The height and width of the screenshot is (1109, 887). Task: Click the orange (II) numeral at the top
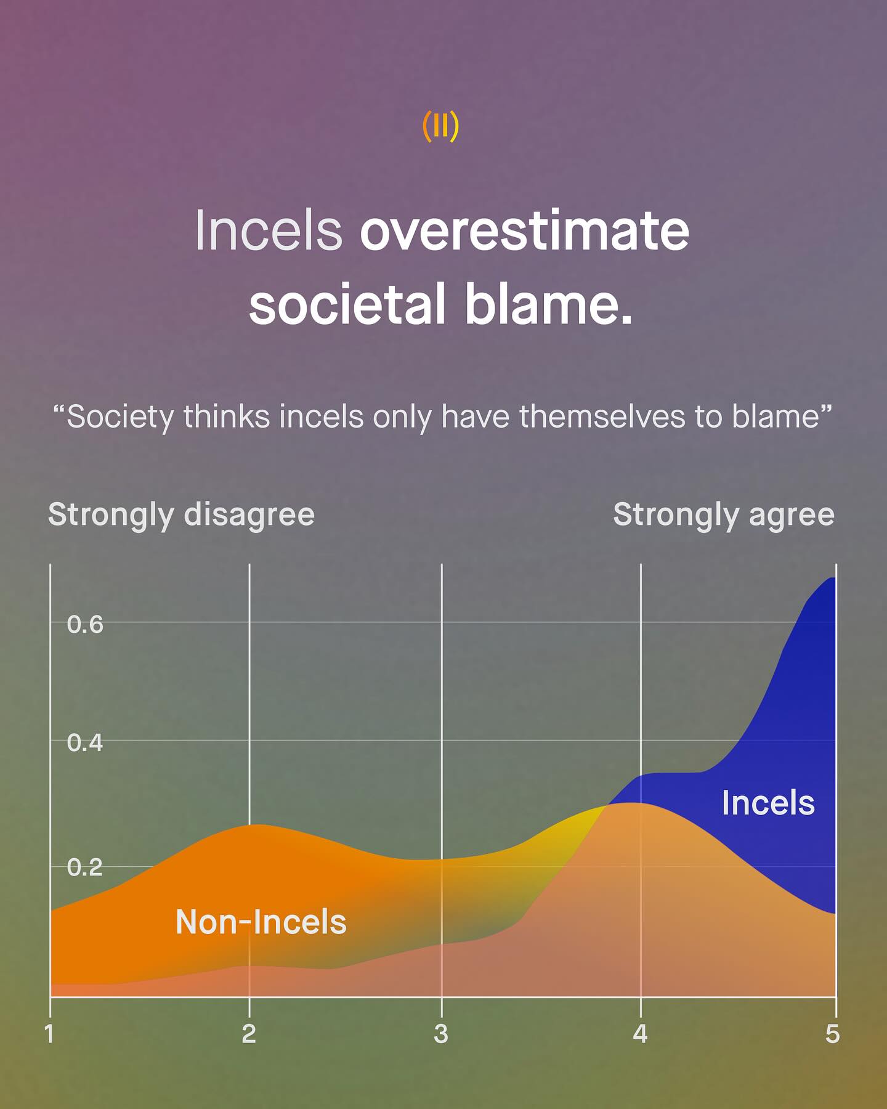tap(441, 126)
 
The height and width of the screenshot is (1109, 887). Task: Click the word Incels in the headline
tap(269, 230)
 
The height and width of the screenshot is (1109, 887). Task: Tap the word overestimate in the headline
tap(524, 230)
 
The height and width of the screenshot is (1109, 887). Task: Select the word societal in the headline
tap(347, 304)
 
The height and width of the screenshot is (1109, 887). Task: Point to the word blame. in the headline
tap(549, 304)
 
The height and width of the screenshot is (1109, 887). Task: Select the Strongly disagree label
tap(182, 515)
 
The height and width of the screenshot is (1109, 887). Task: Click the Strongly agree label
tap(724, 515)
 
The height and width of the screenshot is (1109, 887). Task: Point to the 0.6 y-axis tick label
tap(85, 625)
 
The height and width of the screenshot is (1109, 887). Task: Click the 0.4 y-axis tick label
tap(85, 743)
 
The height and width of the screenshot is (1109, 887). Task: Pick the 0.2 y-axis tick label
tap(85, 867)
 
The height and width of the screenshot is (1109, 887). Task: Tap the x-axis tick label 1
tap(50, 1034)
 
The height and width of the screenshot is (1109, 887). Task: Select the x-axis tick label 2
tap(249, 1034)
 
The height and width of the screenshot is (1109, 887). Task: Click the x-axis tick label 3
tap(441, 1034)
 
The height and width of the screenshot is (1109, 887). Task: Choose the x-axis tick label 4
tap(640, 1034)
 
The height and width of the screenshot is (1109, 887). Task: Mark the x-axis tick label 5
tap(833, 1034)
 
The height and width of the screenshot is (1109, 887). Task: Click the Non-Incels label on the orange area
tap(261, 922)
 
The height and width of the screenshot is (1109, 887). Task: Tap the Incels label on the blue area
tap(768, 803)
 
